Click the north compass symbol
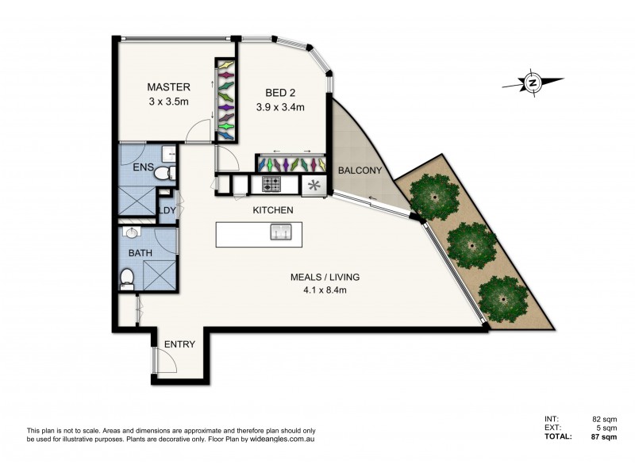pyautogui.click(x=533, y=82)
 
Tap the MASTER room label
pyautogui.click(x=167, y=87)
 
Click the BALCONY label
pyautogui.click(x=360, y=171)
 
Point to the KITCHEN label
pyautogui.click(x=273, y=210)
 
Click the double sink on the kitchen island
pyautogui.click(x=282, y=232)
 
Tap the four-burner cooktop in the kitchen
pyautogui.click(x=271, y=185)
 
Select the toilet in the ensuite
pyautogui.click(x=163, y=172)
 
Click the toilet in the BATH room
pyautogui.click(x=127, y=278)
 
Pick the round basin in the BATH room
pyautogui.click(x=130, y=232)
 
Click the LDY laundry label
pyautogui.click(x=167, y=210)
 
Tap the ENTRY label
pyautogui.click(x=179, y=344)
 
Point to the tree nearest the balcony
pyautogui.click(x=433, y=194)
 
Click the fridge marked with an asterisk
pyautogui.click(x=314, y=186)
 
